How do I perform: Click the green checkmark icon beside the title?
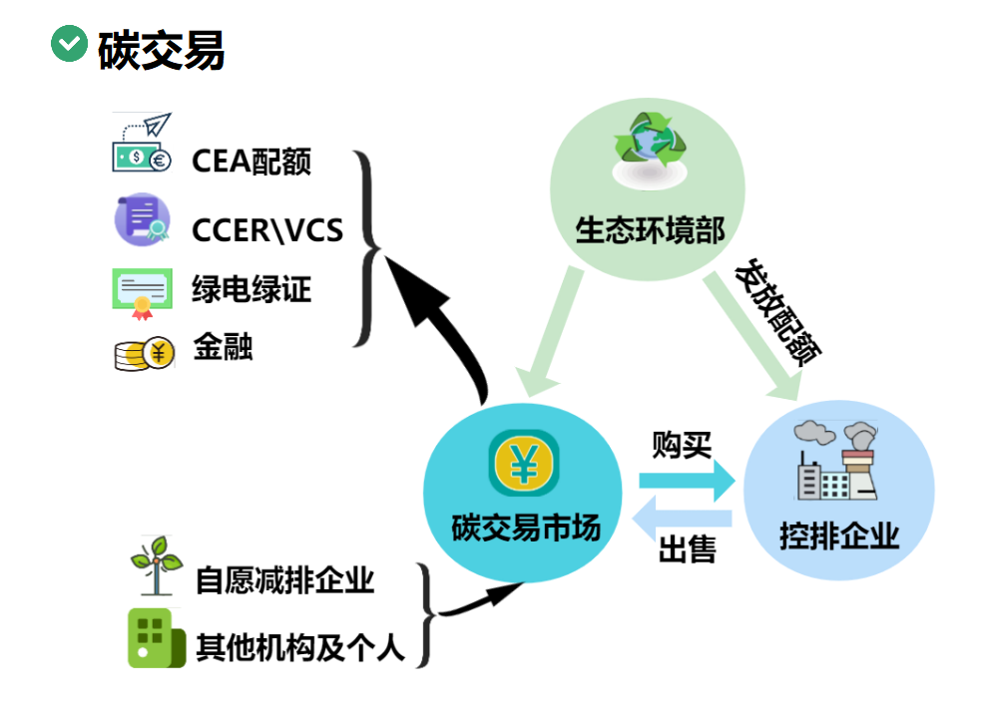click(69, 44)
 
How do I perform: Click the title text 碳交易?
click(161, 50)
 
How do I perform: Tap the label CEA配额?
click(251, 162)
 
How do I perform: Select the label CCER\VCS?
click(267, 230)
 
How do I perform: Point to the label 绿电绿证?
click(251, 289)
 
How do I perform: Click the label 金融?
click(223, 347)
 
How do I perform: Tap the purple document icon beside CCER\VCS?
click(143, 219)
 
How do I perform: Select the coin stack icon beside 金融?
click(145, 354)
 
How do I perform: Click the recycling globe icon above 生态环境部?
click(650, 151)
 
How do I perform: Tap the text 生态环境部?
click(650, 230)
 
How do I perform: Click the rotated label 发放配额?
click(777, 311)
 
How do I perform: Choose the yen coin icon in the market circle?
click(524, 463)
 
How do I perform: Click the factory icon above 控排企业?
click(836, 461)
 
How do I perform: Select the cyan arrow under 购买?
click(687, 481)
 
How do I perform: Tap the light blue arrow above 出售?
click(682, 519)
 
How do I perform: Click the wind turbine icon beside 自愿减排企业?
click(157, 565)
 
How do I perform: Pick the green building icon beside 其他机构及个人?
click(157, 638)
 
